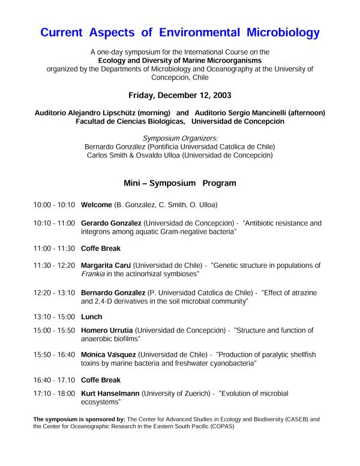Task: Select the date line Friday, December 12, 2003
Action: pyautogui.click(x=180, y=95)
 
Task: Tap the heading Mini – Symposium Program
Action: pyautogui.click(x=180, y=183)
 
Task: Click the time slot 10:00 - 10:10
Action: pyautogui.click(x=54, y=205)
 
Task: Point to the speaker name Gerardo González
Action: pyautogui.click(x=111, y=222)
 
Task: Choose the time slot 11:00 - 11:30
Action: pyautogui.click(x=54, y=248)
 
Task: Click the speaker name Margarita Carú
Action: pyautogui.click(x=107, y=265)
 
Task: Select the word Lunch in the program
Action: pyautogui.click(x=91, y=316)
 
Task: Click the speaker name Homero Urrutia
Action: pyautogui.click(x=107, y=330)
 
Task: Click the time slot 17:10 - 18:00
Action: pyautogui.click(x=54, y=393)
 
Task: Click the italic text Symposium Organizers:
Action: pyautogui.click(x=180, y=138)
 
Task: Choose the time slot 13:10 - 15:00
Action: pyautogui.click(x=54, y=316)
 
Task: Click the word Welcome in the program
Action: pyautogui.click(x=97, y=205)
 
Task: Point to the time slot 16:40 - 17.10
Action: pyautogui.click(x=54, y=380)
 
